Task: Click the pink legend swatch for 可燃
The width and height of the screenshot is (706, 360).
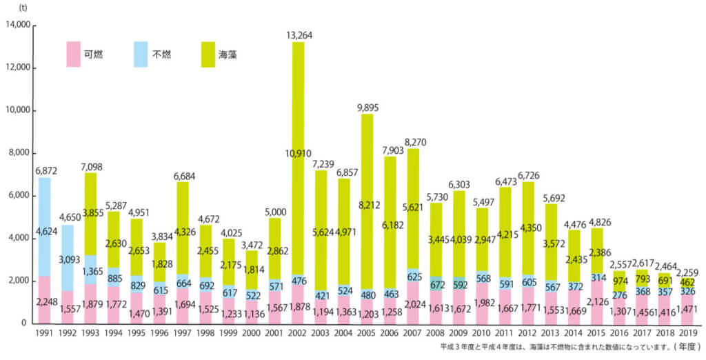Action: [72, 54]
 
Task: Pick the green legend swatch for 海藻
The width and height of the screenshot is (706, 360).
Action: [210, 54]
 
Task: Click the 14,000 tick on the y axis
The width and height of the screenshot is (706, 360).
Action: [17, 26]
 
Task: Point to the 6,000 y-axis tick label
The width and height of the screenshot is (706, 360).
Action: [19, 196]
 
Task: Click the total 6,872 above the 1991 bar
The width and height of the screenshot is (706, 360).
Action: [45, 170]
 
